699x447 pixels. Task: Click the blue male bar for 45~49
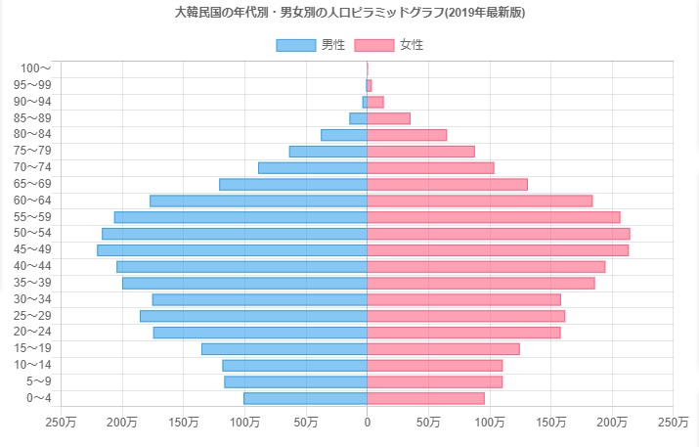232,250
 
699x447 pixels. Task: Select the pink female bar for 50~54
499,234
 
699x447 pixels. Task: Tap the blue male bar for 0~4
305,398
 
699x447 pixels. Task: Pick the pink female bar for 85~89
388,118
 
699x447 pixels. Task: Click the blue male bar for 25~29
253,316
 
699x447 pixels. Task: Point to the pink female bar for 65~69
447,184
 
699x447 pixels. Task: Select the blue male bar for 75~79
328,152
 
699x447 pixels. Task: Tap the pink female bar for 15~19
443,349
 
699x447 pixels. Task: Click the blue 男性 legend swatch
295,45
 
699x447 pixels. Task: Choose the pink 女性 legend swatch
373,45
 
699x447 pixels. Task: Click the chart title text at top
349,14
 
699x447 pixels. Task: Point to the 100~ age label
35,68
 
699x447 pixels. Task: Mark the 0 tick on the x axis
368,423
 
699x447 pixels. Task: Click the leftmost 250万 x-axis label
62,423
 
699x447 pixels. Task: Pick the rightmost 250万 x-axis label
673,423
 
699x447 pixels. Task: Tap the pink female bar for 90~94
375,102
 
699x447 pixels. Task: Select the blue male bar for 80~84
343,135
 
